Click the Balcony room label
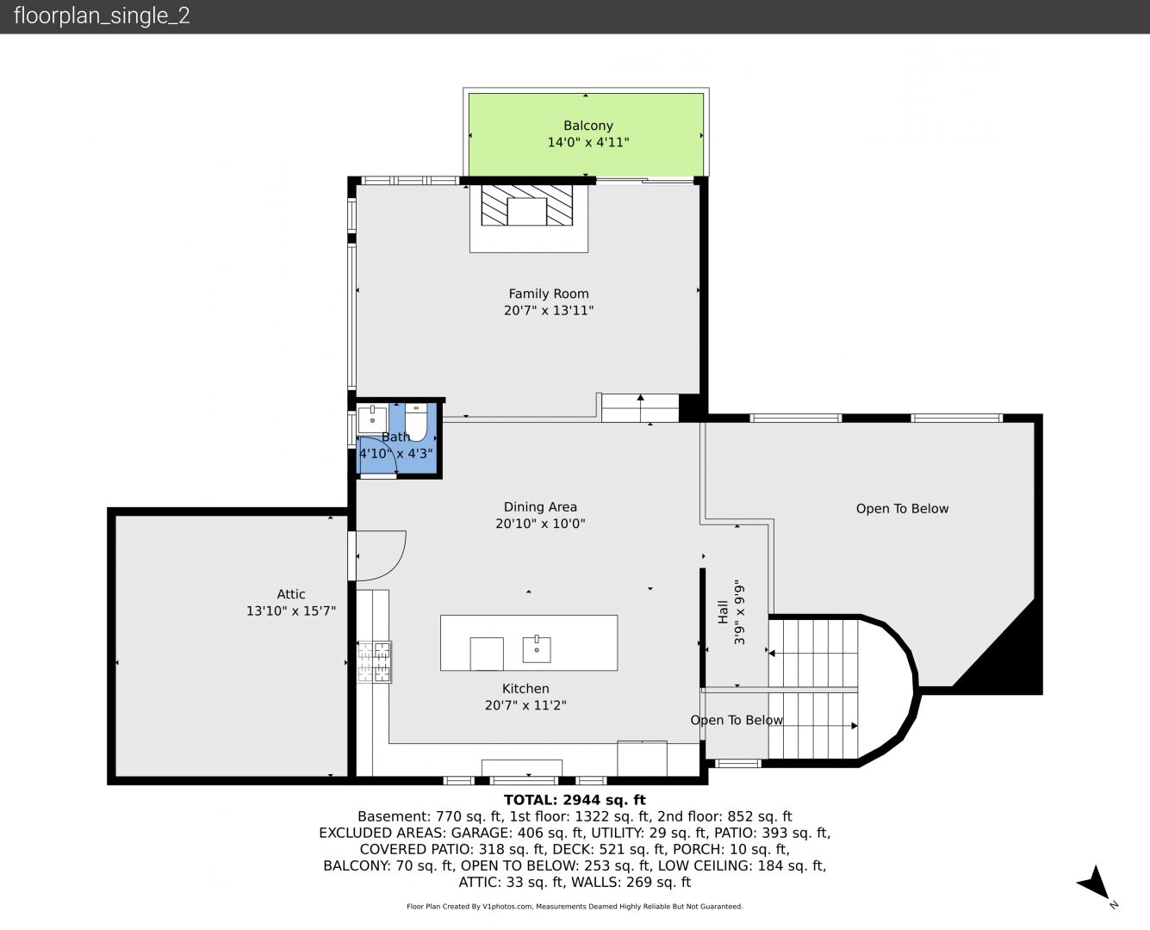tap(588, 126)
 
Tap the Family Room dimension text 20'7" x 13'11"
tap(549, 310)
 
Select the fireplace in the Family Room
tap(527, 206)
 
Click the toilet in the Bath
tap(416, 422)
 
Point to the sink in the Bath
tap(372, 420)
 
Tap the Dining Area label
tap(540, 507)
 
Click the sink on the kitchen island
tap(537, 649)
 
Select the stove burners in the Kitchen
tap(374, 661)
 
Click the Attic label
tap(291, 594)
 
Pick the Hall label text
tap(723, 612)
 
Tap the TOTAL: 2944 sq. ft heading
tap(575, 800)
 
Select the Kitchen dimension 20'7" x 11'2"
tap(525, 705)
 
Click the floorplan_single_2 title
tap(102, 15)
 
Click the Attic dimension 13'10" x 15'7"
tap(291, 611)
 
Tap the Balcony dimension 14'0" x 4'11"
tap(588, 142)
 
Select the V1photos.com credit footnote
tap(575, 906)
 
